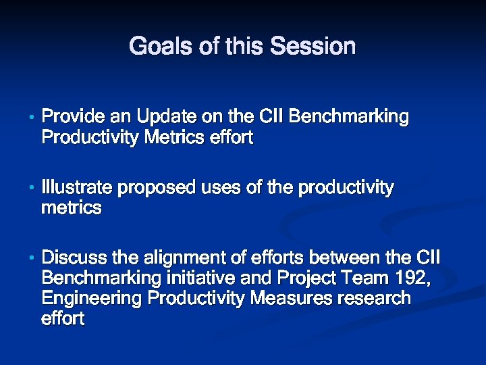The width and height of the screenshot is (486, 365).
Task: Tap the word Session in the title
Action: point(313,47)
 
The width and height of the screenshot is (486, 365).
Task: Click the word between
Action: point(342,258)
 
